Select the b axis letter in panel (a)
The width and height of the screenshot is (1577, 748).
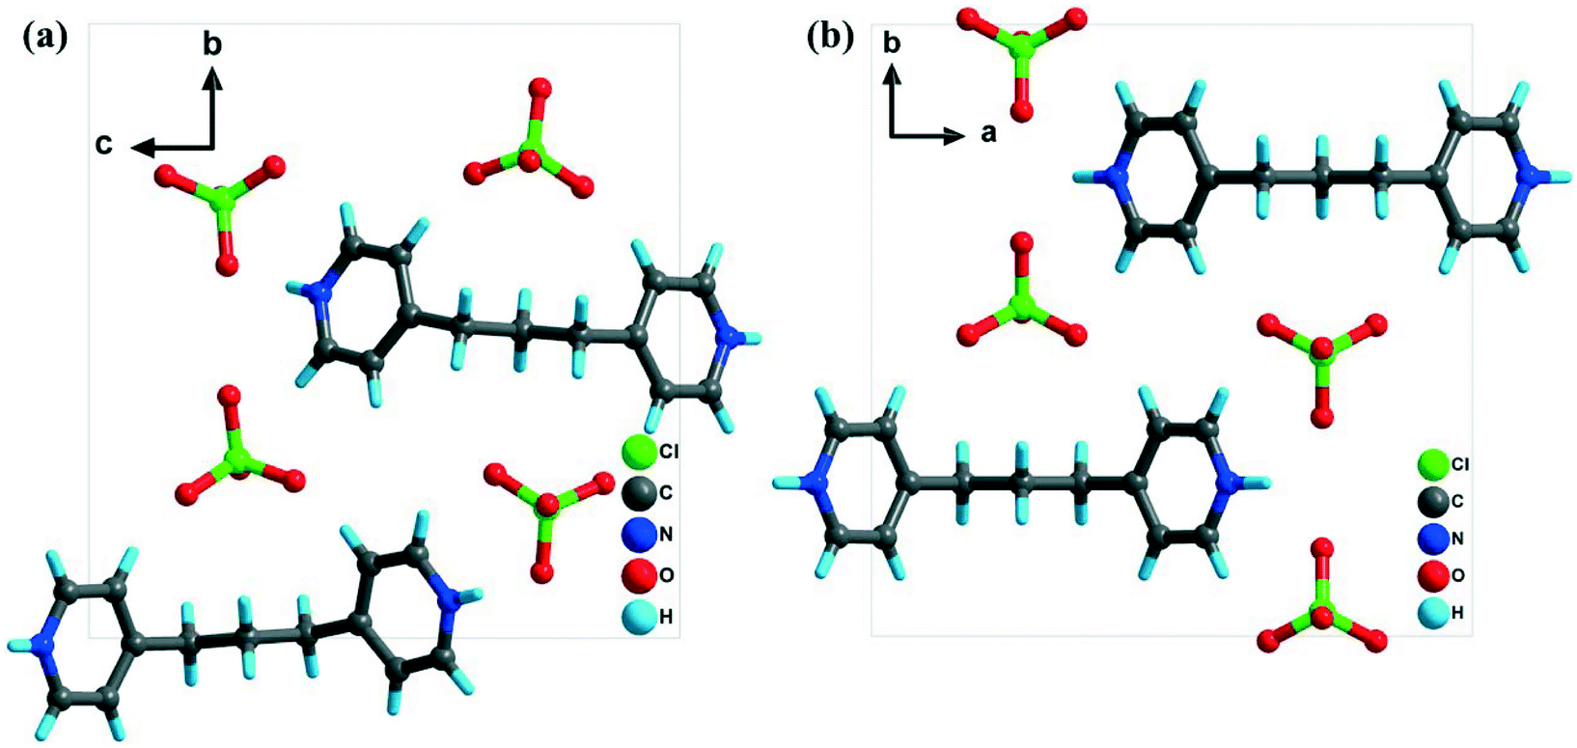[x=212, y=45]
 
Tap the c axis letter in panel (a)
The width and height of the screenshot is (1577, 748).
[x=103, y=145]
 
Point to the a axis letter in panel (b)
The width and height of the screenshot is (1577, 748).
[x=989, y=133]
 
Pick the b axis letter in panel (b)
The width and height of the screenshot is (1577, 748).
[x=893, y=43]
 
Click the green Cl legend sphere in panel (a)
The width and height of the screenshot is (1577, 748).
[x=638, y=451]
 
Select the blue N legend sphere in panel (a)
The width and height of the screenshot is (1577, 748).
[x=638, y=534]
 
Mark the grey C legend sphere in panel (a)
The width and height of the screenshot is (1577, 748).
[x=638, y=492]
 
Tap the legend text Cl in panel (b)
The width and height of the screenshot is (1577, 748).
[x=1460, y=465]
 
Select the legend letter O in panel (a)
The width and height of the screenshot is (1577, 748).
[x=666, y=576]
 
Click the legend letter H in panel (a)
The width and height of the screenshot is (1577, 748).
[x=666, y=617]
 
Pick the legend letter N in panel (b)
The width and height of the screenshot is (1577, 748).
[x=1457, y=539]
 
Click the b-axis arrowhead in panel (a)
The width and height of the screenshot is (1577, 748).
[x=213, y=80]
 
